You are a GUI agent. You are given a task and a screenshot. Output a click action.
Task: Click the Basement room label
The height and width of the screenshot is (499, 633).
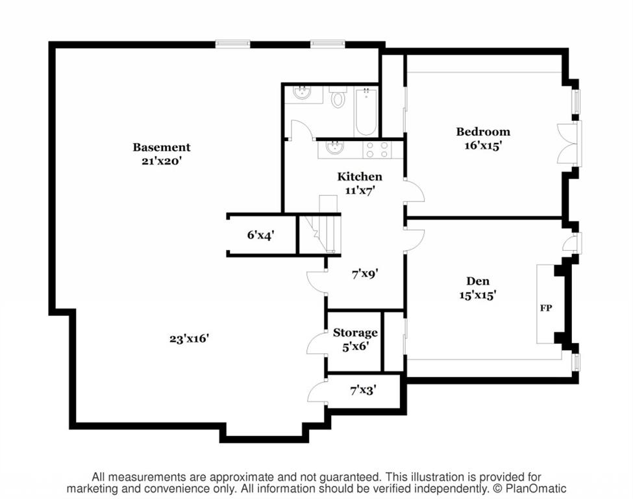coord(162,147)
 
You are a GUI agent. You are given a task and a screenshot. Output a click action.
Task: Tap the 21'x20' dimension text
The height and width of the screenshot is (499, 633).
coord(162,161)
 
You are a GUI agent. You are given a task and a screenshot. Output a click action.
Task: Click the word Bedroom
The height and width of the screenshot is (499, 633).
coord(483,132)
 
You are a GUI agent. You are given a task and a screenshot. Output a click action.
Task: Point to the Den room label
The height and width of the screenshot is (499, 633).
coord(478,281)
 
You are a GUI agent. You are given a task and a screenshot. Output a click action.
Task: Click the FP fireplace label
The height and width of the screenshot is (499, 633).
coord(546,308)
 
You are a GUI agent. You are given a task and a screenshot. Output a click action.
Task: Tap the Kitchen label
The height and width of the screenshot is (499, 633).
coord(359,177)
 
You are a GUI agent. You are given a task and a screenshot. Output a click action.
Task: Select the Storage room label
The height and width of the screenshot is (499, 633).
coord(355,333)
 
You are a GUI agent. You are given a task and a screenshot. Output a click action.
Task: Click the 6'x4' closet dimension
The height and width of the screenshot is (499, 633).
coord(261,235)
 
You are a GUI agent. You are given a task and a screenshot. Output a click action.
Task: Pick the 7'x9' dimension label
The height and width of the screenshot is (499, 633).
coord(365,274)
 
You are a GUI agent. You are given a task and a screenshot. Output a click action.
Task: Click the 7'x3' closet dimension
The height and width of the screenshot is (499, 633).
coord(364,390)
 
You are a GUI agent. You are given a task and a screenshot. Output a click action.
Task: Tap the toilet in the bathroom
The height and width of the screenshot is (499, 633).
coord(337,97)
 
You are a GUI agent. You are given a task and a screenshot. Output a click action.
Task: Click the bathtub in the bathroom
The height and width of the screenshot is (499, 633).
coord(366,112)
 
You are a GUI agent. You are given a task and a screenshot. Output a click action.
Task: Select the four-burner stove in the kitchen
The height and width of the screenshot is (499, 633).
coord(378,149)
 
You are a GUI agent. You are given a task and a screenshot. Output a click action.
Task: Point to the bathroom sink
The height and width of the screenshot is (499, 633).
coord(302,94)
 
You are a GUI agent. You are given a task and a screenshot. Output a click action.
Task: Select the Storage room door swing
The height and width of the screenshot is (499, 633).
coord(316,344)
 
